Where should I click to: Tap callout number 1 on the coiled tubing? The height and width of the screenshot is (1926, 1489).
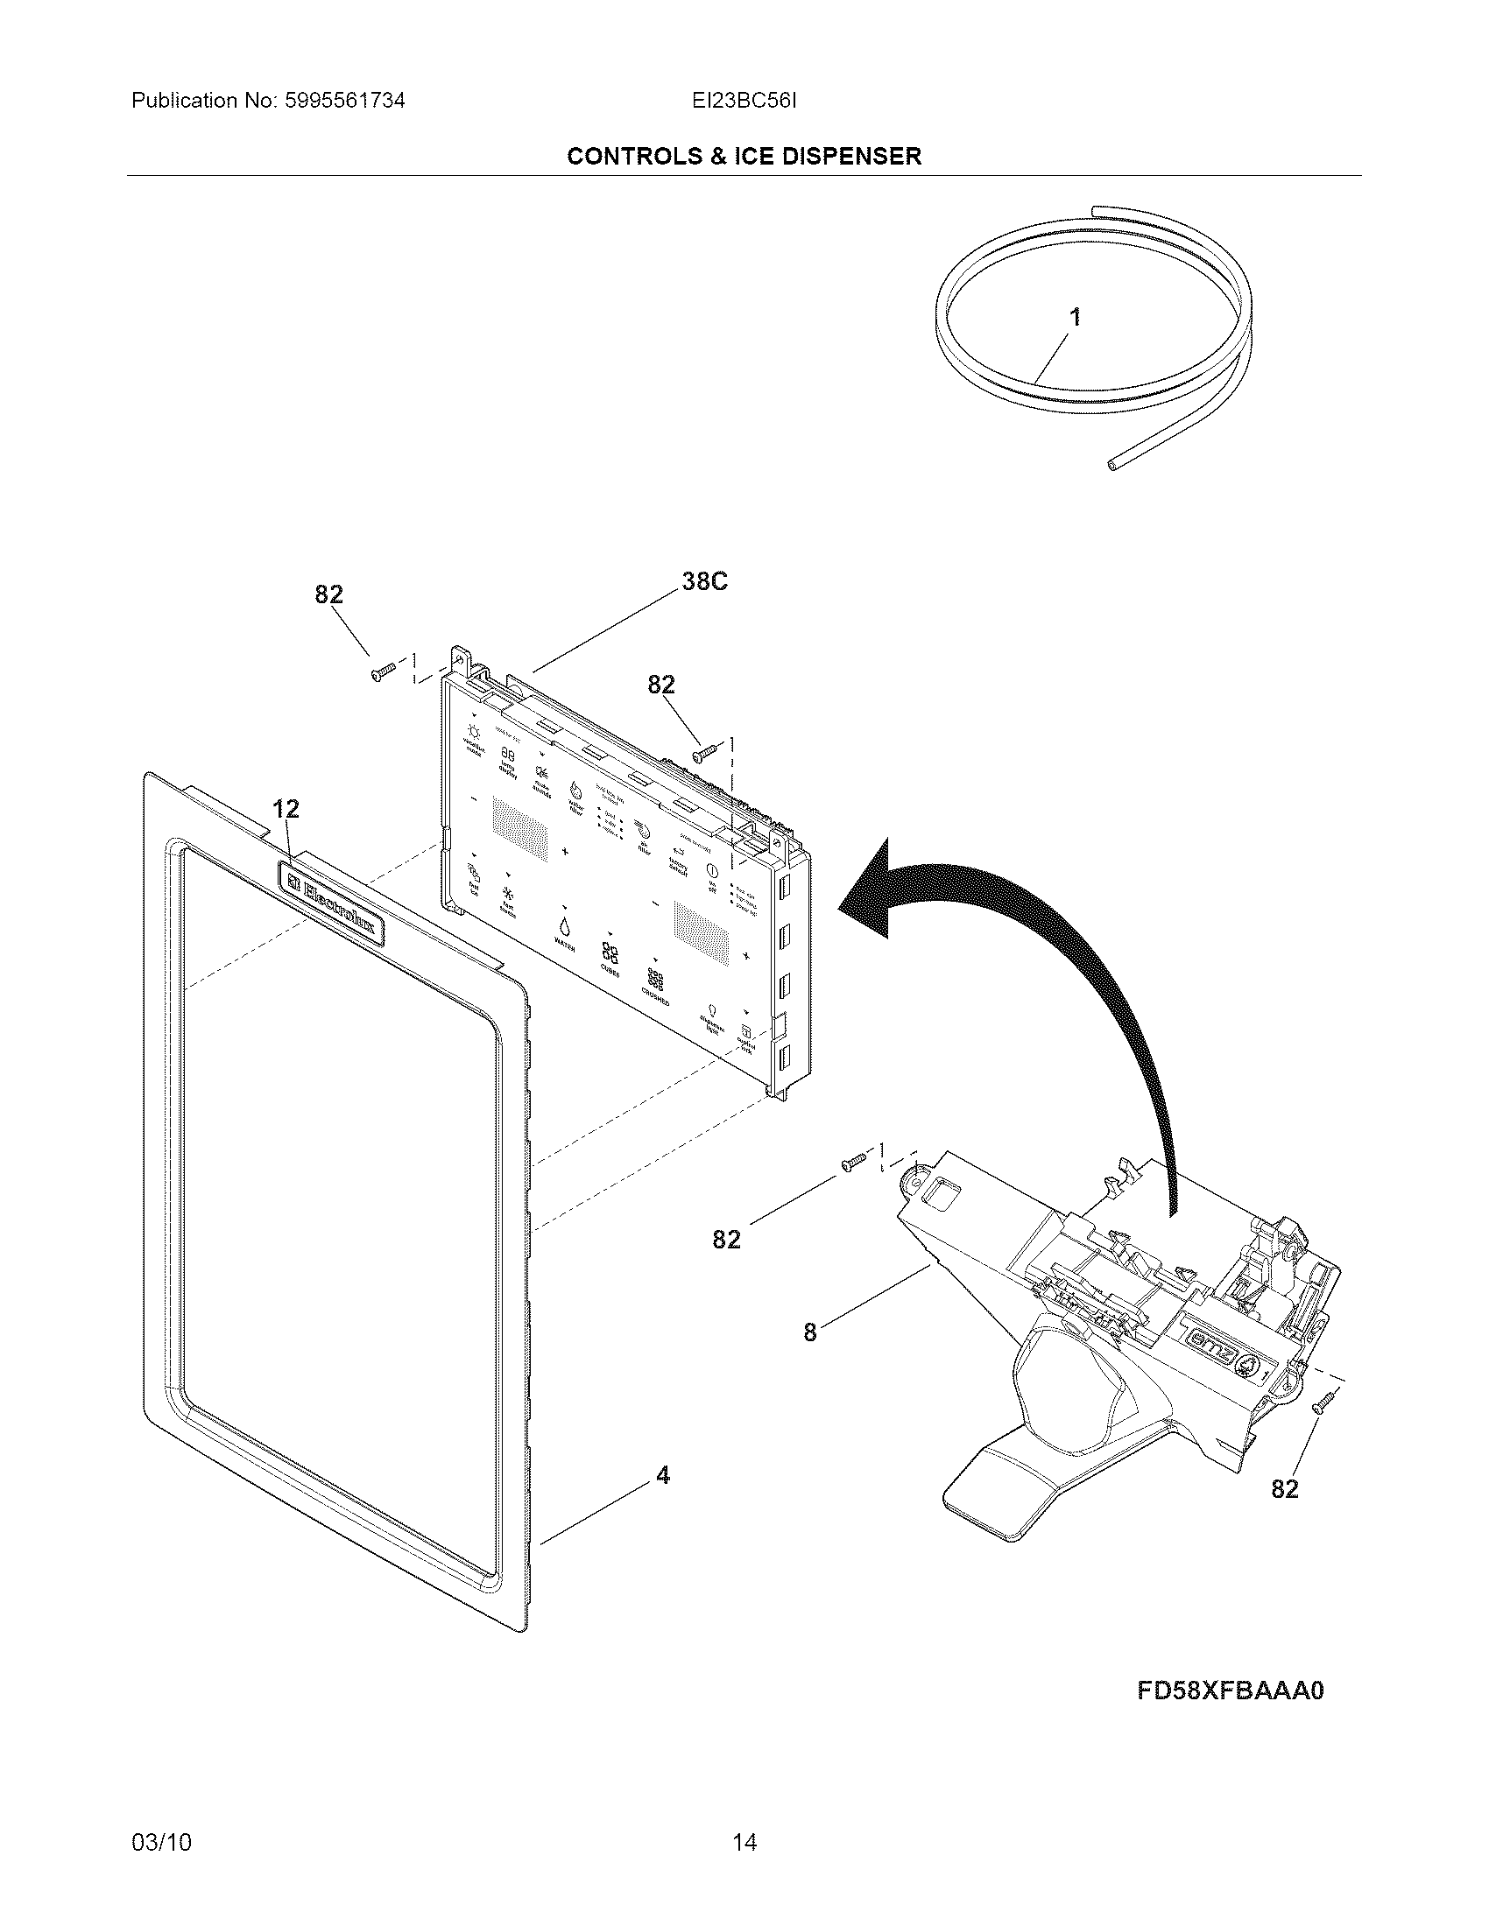(x=1075, y=318)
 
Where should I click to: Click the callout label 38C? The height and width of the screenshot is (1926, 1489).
(x=704, y=582)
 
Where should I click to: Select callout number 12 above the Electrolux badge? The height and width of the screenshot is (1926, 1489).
(x=285, y=809)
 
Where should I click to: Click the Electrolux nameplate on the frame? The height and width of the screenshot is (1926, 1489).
(x=334, y=904)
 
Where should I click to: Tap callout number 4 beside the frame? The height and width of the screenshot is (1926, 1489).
(x=662, y=1475)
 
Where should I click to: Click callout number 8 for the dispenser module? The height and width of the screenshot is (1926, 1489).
(x=810, y=1332)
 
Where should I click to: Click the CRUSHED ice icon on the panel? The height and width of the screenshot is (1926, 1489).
(x=655, y=980)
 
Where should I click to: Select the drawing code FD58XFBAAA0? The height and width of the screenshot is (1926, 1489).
(x=1231, y=1691)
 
